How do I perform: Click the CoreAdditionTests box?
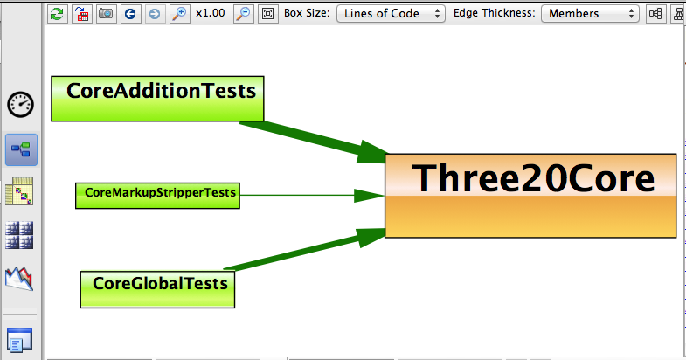(x=157, y=99)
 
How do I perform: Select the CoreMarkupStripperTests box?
(x=157, y=196)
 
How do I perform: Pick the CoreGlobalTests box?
(x=157, y=289)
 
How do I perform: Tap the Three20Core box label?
(x=533, y=178)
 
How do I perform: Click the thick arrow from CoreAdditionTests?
(x=313, y=141)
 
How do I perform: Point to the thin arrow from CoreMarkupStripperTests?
(x=312, y=196)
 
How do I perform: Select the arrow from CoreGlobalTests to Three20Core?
(x=304, y=249)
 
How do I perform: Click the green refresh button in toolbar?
(x=58, y=14)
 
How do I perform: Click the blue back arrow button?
(x=130, y=14)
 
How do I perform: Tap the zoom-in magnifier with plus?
(x=179, y=14)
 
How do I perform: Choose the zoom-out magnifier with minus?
(x=243, y=14)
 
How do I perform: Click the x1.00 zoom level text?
(x=211, y=13)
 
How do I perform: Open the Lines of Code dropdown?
(x=391, y=14)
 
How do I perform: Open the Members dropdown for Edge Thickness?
(x=590, y=14)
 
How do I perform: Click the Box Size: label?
(x=307, y=13)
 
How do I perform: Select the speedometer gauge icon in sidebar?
(x=21, y=105)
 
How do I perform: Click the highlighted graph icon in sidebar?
(x=21, y=150)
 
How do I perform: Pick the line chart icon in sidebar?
(x=19, y=279)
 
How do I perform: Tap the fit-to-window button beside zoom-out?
(x=267, y=14)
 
